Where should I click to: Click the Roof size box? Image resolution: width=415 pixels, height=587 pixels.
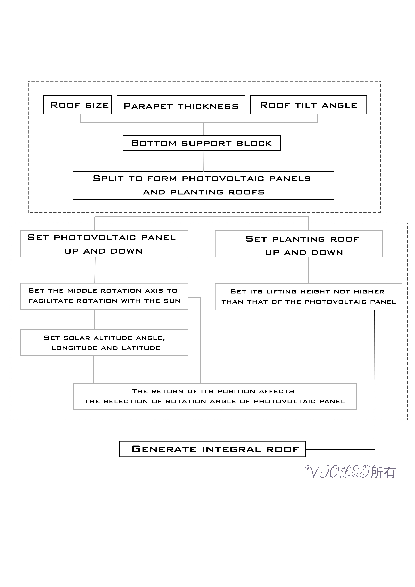coord(77,105)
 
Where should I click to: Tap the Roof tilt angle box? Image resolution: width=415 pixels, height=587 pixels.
coord(308,105)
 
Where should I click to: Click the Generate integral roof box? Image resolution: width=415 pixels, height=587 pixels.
coord(213,449)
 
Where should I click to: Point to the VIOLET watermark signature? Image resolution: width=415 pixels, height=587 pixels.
coord(338,472)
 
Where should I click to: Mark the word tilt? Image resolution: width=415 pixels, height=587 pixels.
coord(306,105)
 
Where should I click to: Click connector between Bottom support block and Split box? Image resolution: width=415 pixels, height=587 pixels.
coord(204,161)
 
